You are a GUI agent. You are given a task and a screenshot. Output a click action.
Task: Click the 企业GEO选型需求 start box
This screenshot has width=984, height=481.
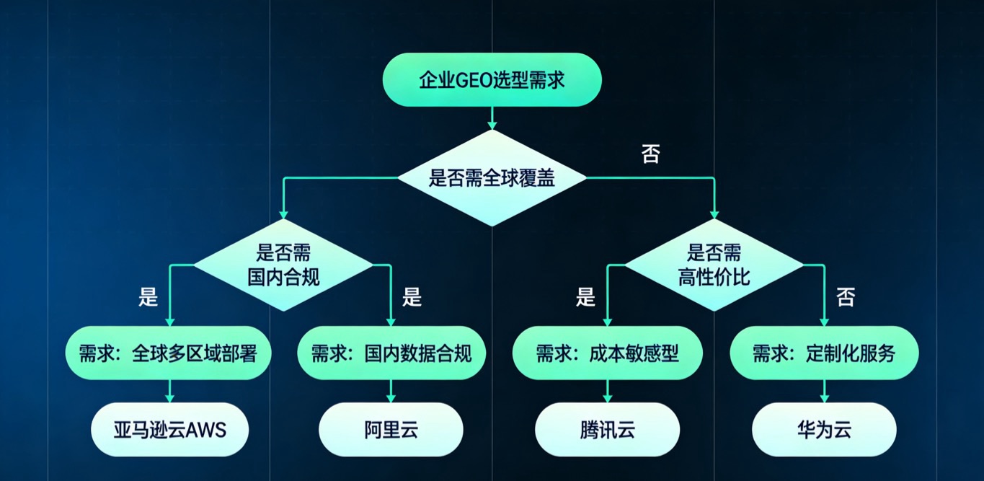(x=492, y=79)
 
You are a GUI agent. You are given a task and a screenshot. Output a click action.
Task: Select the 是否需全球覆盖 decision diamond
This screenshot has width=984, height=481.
(x=492, y=177)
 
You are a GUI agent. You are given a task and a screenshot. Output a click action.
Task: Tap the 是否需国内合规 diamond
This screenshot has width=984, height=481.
(x=283, y=265)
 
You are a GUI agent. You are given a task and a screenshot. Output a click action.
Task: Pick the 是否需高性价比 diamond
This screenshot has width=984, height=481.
(x=714, y=265)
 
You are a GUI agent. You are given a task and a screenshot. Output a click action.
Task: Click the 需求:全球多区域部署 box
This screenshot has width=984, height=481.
(x=168, y=353)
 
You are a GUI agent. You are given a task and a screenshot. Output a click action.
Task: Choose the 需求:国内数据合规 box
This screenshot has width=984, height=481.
(x=391, y=353)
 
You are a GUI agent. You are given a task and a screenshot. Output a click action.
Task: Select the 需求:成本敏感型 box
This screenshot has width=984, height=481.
(x=607, y=353)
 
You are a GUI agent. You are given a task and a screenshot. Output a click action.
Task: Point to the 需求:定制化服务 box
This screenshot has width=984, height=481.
(x=824, y=353)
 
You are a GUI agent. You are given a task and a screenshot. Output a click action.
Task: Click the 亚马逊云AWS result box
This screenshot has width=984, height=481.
(x=170, y=431)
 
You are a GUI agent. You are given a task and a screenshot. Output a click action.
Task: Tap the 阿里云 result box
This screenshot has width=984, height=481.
(x=391, y=431)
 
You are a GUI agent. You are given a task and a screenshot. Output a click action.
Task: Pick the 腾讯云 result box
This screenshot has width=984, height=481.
(x=607, y=431)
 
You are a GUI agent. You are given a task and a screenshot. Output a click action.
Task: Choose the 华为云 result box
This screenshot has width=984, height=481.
(x=824, y=431)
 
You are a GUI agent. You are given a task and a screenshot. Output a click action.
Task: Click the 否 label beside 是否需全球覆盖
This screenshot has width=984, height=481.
(x=651, y=154)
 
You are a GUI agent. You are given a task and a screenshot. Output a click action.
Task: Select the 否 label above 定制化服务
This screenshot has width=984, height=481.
(x=846, y=296)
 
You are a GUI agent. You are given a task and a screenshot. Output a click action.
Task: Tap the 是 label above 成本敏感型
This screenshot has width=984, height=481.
(x=585, y=296)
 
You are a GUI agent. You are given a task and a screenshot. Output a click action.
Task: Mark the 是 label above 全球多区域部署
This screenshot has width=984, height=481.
(x=149, y=296)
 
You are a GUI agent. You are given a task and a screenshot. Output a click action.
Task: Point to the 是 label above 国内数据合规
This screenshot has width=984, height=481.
(x=412, y=296)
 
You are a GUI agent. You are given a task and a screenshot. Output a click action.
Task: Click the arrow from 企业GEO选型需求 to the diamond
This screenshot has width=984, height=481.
(x=492, y=118)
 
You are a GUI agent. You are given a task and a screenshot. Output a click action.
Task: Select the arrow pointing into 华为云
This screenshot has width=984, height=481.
(x=824, y=392)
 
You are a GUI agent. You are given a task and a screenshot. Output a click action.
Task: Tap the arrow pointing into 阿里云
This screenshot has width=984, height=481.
(x=391, y=392)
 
